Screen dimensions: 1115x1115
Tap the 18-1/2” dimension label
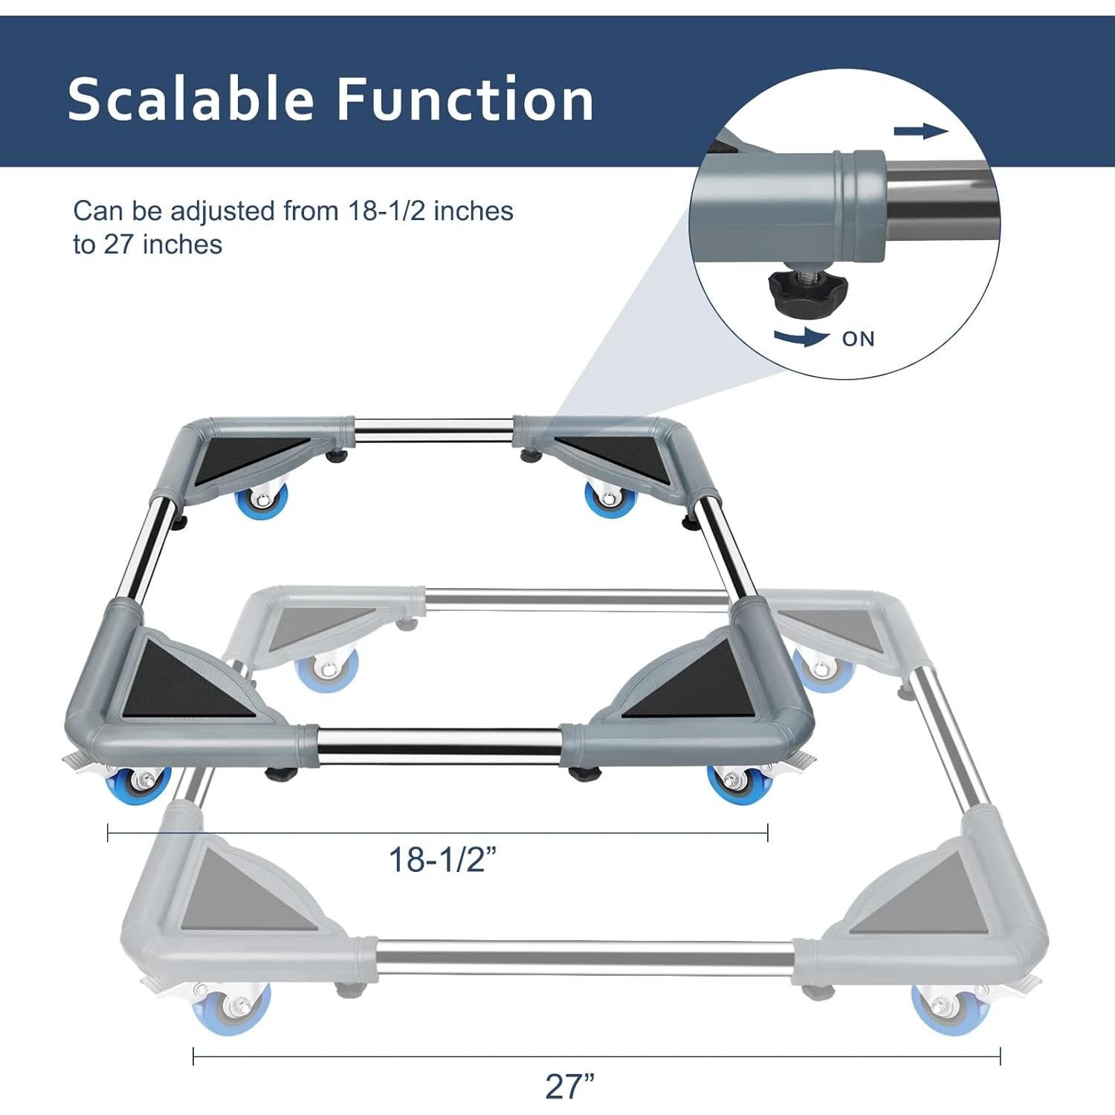442,860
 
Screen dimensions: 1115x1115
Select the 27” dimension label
569,1087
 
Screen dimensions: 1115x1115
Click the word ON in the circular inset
858,339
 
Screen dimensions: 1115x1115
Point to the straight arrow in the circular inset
920,132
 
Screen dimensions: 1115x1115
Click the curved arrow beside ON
801,338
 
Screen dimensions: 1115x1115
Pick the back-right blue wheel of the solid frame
610,498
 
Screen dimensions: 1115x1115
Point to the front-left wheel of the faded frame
230,1007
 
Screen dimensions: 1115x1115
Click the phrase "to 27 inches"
147,245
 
